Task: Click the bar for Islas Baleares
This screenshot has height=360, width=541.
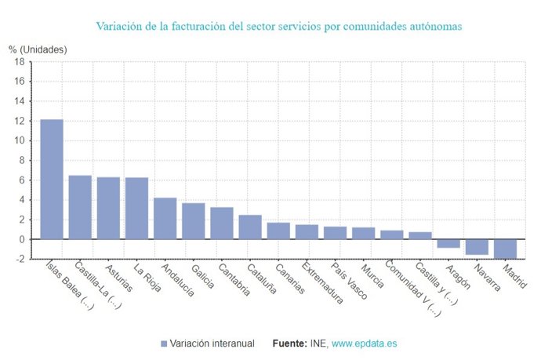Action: pyautogui.click(x=52, y=179)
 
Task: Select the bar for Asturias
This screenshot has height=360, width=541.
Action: pyautogui.click(x=108, y=208)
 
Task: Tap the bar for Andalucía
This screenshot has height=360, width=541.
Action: pyautogui.click(x=165, y=218)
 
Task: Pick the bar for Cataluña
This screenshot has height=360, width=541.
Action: pyautogui.click(x=250, y=227)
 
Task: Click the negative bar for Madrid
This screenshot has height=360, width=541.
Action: pyautogui.click(x=505, y=249)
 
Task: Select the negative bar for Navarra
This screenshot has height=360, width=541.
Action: pyautogui.click(x=477, y=247)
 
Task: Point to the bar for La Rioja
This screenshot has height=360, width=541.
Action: pyautogui.click(x=136, y=208)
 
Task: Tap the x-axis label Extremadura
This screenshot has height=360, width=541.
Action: pyautogui.click(x=321, y=279)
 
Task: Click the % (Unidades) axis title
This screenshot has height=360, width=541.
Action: pyautogui.click(x=38, y=49)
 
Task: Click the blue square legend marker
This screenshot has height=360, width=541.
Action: pyautogui.click(x=164, y=344)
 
